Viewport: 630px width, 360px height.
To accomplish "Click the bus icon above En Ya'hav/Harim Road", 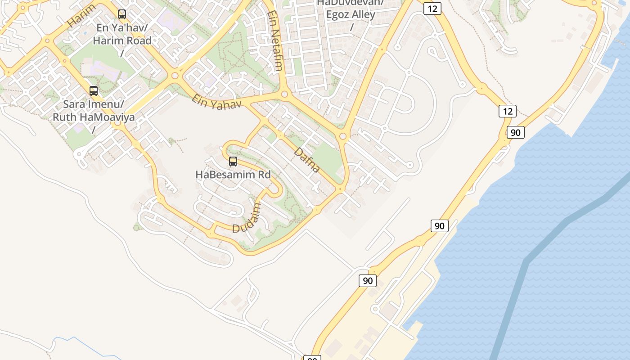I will click(122, 14).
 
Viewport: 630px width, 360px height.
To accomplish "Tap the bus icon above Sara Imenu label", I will click(94, 91).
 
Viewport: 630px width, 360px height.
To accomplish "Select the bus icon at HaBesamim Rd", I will click(233, 162).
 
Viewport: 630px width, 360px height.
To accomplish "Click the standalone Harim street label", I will click(81, 16).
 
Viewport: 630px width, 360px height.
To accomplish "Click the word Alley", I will click(363, 15).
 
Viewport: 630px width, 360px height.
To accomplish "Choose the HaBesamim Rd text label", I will click(233, 175).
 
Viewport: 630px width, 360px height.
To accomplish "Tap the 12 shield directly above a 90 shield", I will click(507, 111).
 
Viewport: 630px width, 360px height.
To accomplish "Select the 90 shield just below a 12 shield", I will click(516, 132).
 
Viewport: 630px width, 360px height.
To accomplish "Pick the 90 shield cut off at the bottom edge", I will click(312, 358).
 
